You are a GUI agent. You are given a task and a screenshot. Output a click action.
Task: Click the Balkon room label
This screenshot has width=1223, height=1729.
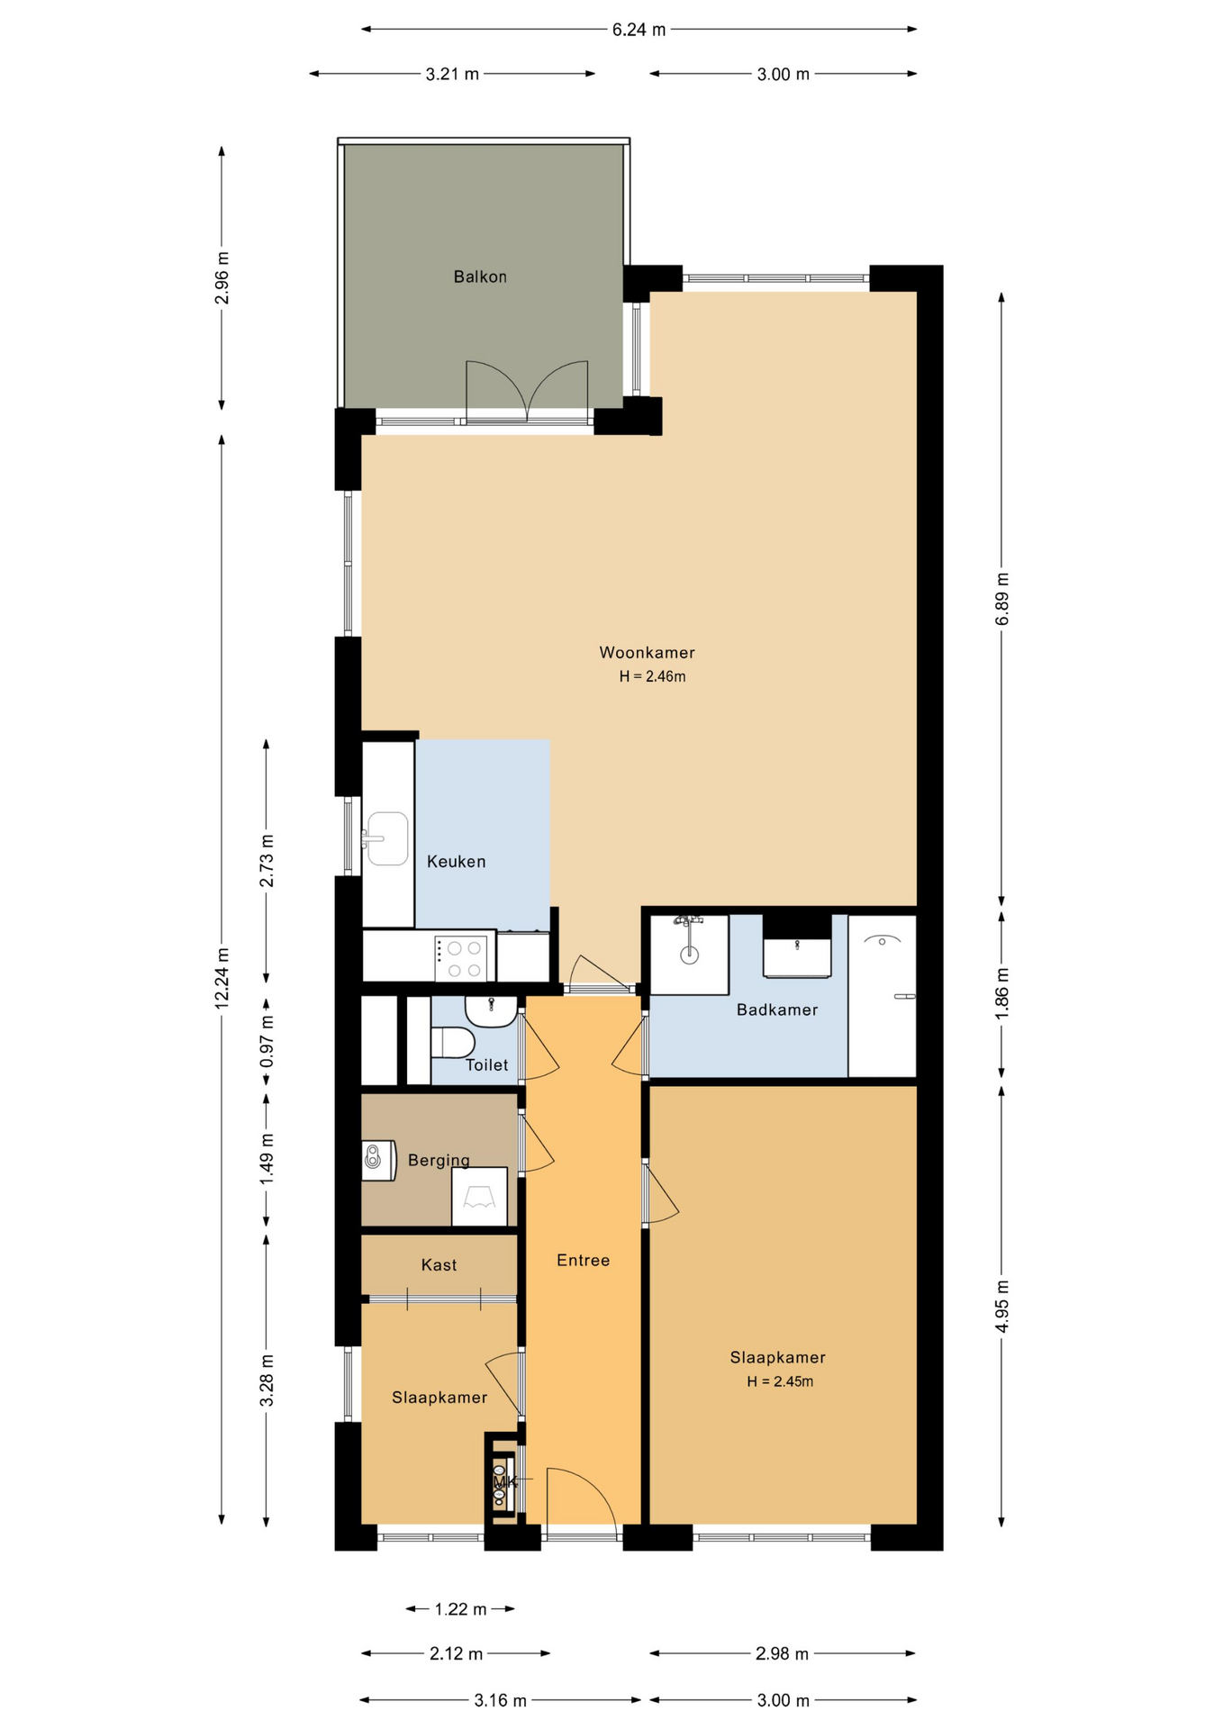pos(480,276)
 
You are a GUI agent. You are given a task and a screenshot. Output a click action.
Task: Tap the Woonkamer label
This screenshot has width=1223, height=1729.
pos(647,652)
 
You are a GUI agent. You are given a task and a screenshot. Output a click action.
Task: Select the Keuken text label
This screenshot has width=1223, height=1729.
pos(456,861)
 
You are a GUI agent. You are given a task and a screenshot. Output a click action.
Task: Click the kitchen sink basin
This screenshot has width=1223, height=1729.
pos(388,838)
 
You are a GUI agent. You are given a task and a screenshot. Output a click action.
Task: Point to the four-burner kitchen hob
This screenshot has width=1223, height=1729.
pos(461,958)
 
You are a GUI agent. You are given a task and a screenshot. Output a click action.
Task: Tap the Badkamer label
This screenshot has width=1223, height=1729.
pos(777,1009)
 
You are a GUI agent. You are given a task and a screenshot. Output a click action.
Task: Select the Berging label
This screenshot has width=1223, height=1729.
pos(439,1160)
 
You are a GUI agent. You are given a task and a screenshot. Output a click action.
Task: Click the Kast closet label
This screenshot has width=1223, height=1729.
pos(439,1264)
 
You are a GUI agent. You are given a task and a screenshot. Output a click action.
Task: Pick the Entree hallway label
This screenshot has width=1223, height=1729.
pos(583,1260)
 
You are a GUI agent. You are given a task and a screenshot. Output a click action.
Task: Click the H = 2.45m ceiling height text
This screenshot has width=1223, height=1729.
pos(780,1380)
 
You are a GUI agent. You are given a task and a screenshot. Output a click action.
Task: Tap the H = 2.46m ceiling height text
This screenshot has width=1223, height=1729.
pos(652,676)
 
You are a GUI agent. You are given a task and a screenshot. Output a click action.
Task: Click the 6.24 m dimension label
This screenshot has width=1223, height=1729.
pos(639,30)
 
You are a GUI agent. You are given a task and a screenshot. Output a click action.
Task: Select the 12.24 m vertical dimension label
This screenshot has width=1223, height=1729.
pos(222,978)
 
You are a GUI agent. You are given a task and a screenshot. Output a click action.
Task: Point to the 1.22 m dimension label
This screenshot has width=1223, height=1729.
pos(460,1608)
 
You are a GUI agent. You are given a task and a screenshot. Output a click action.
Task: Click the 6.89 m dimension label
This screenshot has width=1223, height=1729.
pos(1001,599)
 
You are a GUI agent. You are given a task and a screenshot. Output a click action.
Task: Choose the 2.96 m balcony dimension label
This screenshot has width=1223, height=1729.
pos(222,278)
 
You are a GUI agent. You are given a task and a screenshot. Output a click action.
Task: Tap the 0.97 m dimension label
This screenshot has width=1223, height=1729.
pos(267,1041)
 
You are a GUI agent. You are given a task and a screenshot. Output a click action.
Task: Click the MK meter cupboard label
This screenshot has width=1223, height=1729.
pos(504,1481)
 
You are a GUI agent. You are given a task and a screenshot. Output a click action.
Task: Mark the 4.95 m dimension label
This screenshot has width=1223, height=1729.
pos(1001,1306)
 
